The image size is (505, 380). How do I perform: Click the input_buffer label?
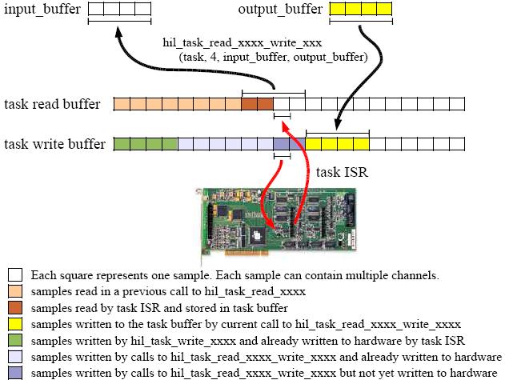[42, 10]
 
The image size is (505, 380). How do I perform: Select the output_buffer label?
[280, 10]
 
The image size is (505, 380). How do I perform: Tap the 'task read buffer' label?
[53, 104]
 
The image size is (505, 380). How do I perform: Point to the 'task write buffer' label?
[54, 145]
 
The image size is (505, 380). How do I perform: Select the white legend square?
[15, 275]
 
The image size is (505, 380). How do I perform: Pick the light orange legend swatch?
[15, 291]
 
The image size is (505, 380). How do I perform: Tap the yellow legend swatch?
[15, 324]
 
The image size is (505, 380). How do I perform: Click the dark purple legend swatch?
[15, 373]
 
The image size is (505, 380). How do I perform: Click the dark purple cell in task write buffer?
[281, 144]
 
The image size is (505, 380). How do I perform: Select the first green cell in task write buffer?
[122, 144]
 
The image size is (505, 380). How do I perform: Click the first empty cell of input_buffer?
[95, 9]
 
